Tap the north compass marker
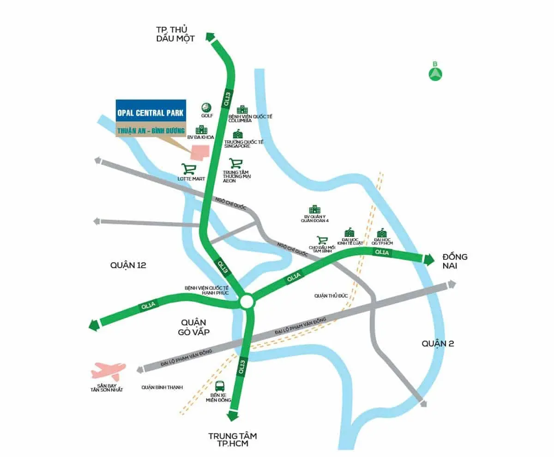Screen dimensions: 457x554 [435, 73]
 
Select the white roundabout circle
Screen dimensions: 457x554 [247, 302]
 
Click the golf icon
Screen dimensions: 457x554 [206, 108]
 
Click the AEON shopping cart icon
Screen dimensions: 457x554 [236, 163]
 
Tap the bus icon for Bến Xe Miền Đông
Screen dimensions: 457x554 [221, 386]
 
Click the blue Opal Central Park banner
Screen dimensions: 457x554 [151, 112]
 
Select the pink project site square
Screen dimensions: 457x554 [200, 153]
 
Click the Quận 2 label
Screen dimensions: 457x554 [438, 343]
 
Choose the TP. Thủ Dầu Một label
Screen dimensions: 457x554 [175, 34]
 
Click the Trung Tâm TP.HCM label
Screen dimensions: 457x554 [232, 440]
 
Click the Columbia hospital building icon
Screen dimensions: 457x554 [242, 110]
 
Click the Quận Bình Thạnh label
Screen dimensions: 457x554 [163, 387]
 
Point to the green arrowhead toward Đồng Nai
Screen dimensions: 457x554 [429, 259]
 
